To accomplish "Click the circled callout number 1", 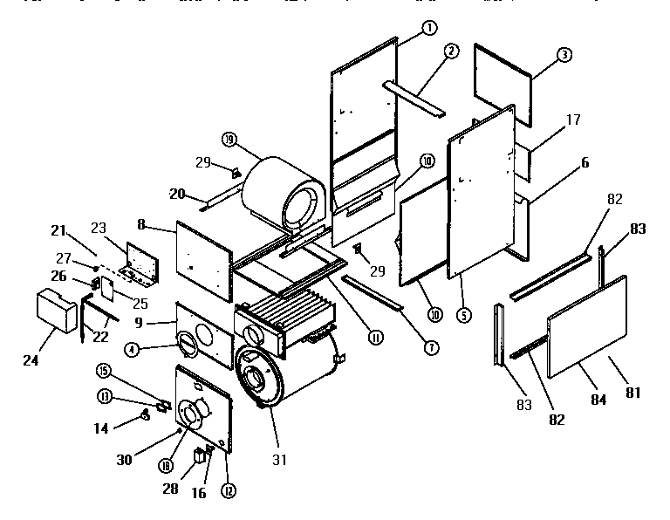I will [x=428, y=28].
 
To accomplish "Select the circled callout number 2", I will [x=450, y=51].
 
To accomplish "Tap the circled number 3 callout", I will [x=564, y=55].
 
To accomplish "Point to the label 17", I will [x=573, y=120].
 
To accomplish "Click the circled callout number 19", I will [x=229, y=139].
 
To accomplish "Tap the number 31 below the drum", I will [x=278, y=459].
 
